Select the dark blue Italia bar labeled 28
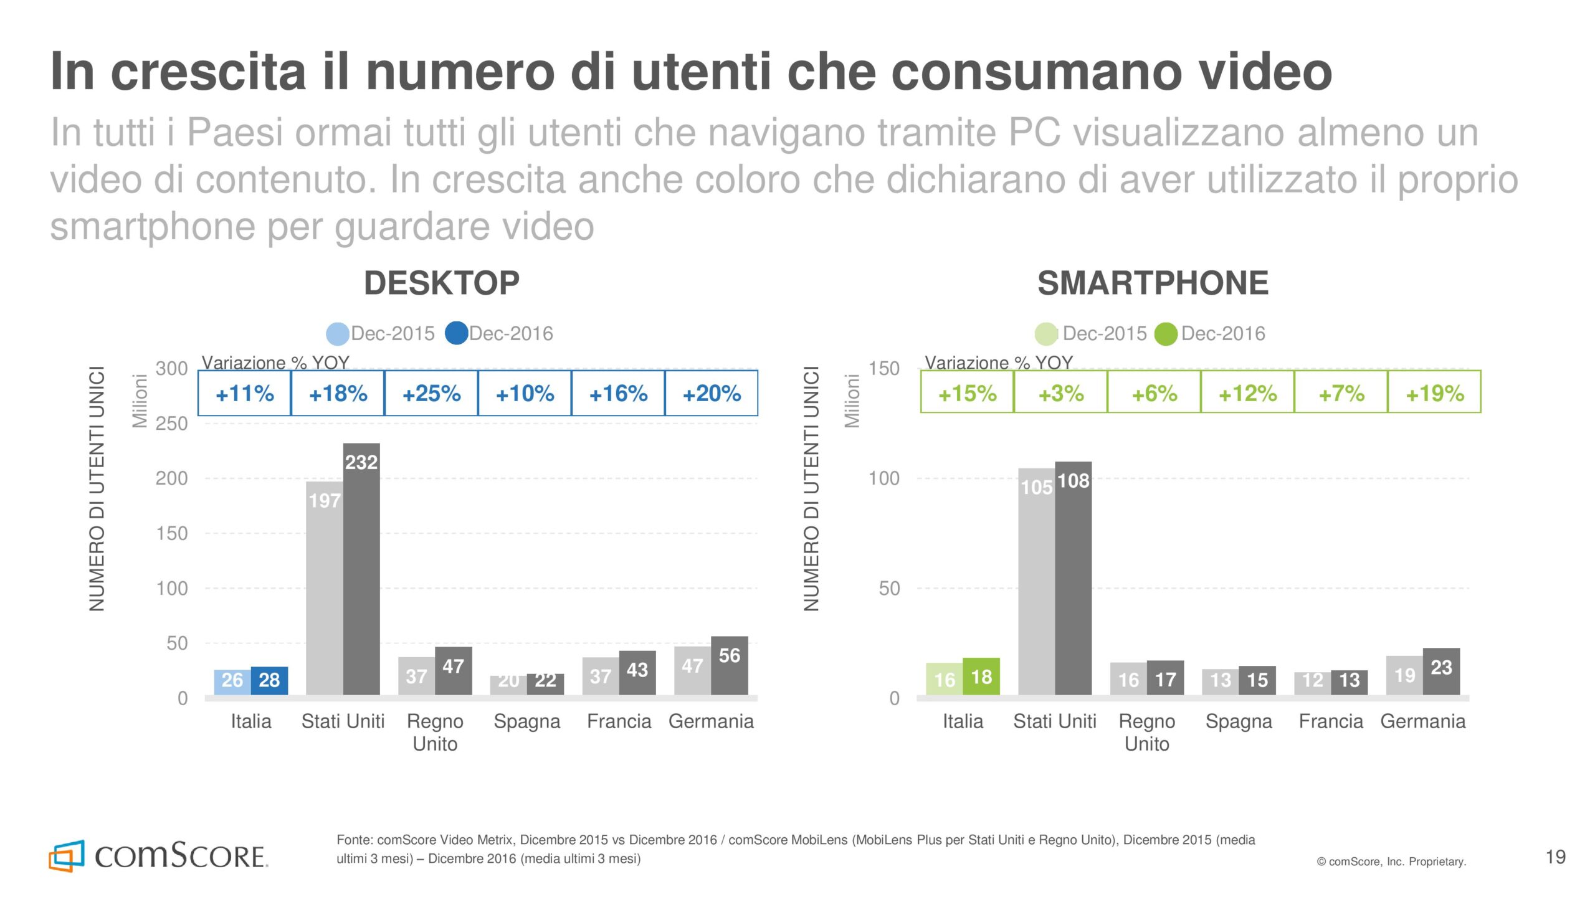(x=269, y=680)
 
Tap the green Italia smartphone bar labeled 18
(x=981, y=676)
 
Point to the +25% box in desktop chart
(x=431, y=393)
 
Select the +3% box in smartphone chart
(x=1060, y=393)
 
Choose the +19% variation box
(x=1434, y=393)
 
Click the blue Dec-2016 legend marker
(x=457, y=333)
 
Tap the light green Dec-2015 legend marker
(x=1046, y=334)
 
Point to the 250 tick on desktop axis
(x=171, y=424)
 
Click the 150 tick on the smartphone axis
(x=884, y=369)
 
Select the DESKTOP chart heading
(x=442, y=283)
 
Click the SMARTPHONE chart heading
(x=1153, y=283)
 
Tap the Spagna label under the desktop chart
(x=527, y=721)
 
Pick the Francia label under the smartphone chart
(x=1331, y=721)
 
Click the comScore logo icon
(x=66, y=856)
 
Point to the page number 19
(x=1556, y=857)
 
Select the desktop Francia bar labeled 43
(x=637, y=673)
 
